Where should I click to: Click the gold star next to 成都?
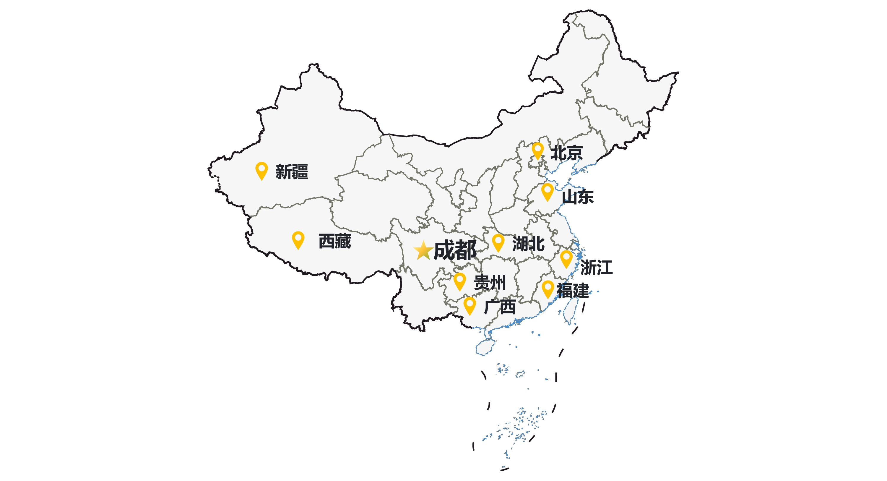coord(423,250)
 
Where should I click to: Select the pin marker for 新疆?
coord(262,170)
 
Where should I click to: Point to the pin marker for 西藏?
coord(298,240)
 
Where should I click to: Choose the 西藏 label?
coord(335,241)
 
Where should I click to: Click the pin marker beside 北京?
coord(537,150)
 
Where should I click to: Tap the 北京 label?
coord(566,153)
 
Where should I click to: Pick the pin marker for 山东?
coord(547,191)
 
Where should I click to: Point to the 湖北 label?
coord(528,244)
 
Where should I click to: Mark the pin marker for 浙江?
coord(566,258)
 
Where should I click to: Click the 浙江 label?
coord(596,267)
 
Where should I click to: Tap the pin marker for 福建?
coord(548,289)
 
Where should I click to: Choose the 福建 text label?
coord(573,290)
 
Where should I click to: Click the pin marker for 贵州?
coord(460,281)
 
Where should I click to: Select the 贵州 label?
coord(490,283)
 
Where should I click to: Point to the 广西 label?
coord(500,307)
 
